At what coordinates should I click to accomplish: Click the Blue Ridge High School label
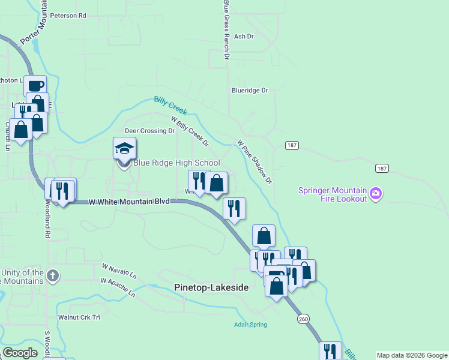176,163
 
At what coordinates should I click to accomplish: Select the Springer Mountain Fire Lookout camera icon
376,193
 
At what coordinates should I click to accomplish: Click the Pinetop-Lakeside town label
211,288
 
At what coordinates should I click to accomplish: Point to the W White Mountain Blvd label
128,202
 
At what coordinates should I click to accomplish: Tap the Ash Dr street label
244,37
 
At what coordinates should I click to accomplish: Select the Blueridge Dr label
250,91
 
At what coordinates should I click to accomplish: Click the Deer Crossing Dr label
149,130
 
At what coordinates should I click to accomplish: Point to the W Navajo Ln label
119,270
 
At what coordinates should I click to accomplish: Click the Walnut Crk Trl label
78,317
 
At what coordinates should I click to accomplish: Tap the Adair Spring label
250,325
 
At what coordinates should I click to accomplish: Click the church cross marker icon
53,277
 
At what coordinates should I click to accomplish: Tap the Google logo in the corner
20,353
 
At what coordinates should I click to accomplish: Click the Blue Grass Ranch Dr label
226,30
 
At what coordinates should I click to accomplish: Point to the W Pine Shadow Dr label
255,162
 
